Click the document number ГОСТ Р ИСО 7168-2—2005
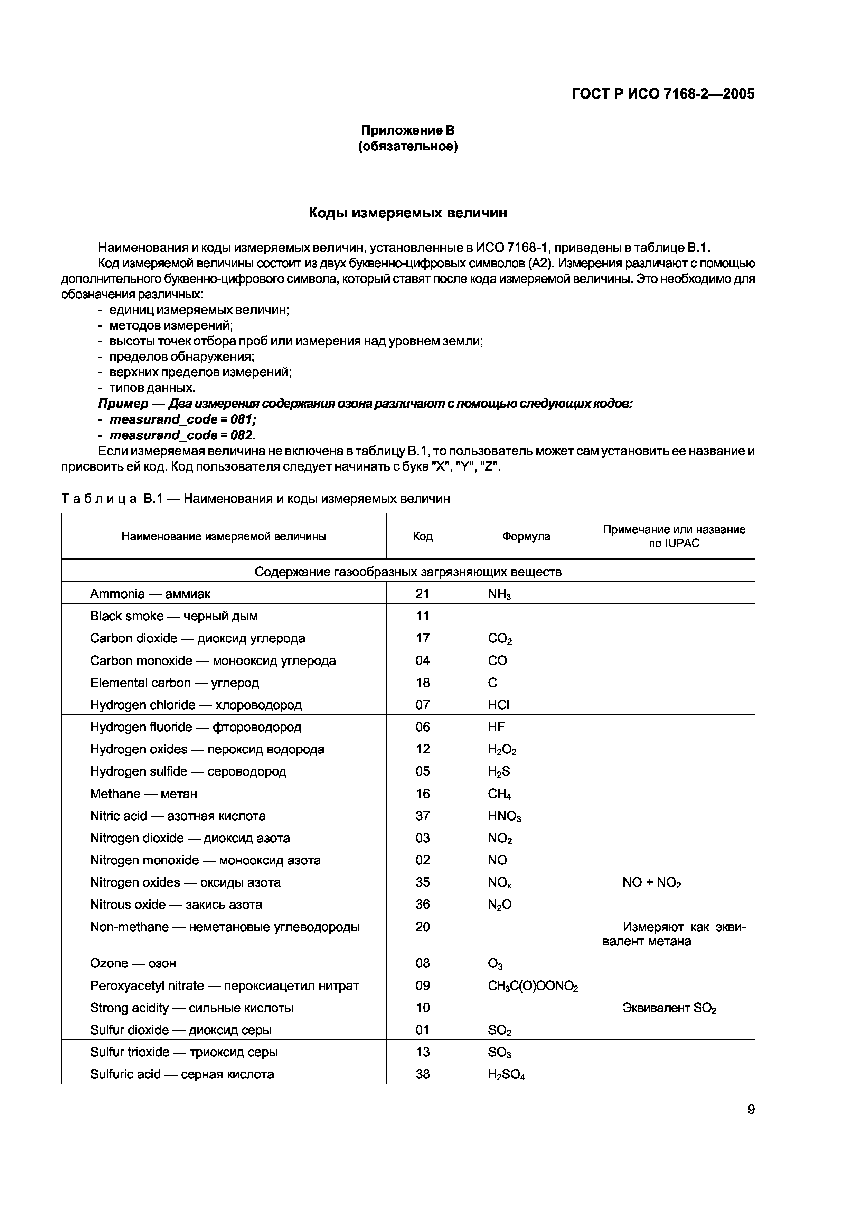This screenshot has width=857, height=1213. click(x=663, y=94)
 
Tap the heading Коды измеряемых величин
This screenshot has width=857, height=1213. click(x=408, y=213)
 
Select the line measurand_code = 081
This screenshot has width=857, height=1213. click(x=183, y=419)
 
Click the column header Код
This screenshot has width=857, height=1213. click(x=422, y=536)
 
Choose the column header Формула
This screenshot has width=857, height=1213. click(x=526, y=536)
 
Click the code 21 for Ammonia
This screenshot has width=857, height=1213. click(x=422, y=594)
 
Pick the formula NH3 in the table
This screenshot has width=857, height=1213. click(x=499, y=594)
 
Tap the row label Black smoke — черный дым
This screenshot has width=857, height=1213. click(x=174, y=616)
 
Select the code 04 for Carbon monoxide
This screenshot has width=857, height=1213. click(x=422, y=660)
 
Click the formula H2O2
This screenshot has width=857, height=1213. click(x=502, y=750)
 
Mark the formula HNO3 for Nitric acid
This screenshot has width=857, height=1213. click(x=504, y=816)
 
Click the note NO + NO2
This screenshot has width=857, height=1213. click(x=652, y=883)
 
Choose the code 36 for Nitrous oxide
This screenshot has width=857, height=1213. click(x=422, y=905)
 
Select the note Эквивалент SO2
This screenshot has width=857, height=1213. click(x=669, y=1008)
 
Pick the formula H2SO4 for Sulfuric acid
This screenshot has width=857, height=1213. click(x=506, y=1075)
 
